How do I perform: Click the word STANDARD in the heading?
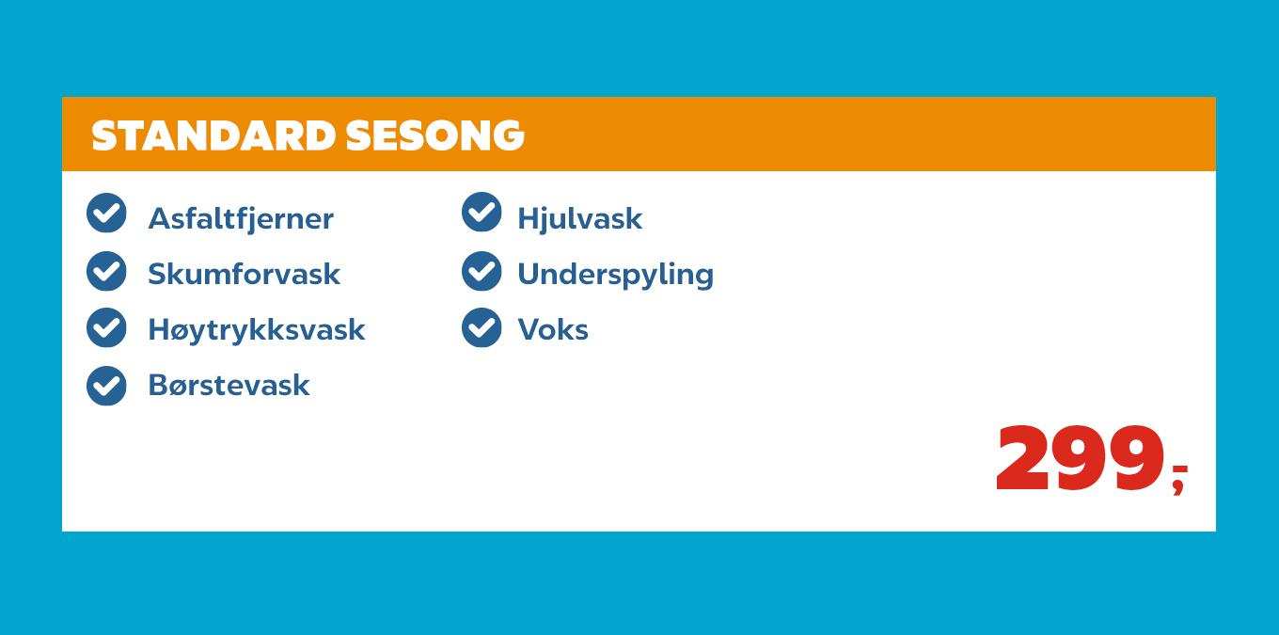tap(213, 135)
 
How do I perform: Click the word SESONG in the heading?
tap(434, 135)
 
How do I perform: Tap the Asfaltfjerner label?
tap(241, 218)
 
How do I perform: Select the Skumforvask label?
tap(244, 274)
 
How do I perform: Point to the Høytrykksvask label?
tap(256, 329)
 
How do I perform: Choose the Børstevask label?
tap(229, 385)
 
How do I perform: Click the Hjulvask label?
tap(579, 218)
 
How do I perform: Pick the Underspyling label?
tap(615, 274)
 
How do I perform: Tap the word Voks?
tap(553, 329)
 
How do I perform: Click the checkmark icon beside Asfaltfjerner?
tap(106, 213)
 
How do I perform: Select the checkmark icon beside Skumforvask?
tap(106, 271)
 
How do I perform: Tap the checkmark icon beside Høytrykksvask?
tap(106, 327)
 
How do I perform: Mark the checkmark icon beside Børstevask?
tap(106, 385)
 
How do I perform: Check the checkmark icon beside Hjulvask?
tap(482, 212)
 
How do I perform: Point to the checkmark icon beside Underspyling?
tap(482, 271)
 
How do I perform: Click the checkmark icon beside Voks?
tap(482, 327)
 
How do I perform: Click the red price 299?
tap(1081, 459)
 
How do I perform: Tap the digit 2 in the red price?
tap(1022, 459)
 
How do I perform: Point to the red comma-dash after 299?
tap(1179, 476)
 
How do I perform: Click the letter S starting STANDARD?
tap(103, 135)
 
